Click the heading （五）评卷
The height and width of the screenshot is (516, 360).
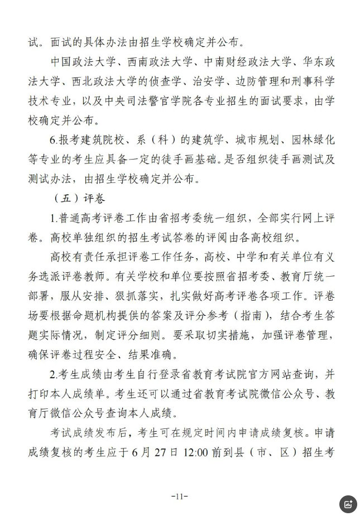pos(80,198)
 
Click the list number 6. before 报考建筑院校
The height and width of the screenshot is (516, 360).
pos(53,139)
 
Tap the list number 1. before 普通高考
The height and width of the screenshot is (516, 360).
pos(52,218)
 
